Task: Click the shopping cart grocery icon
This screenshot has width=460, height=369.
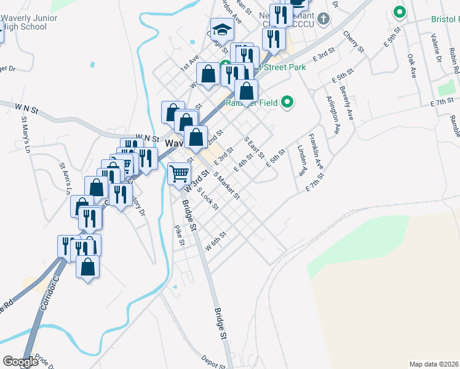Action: tap(179, 173)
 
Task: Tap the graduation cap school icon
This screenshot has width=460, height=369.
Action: tap(221, 30)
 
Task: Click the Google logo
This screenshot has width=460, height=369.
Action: tap(20, 362)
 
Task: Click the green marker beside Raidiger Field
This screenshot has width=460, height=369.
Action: tap(287, 103)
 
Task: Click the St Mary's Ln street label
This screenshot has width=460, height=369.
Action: tap(26, 132)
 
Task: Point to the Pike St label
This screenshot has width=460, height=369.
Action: tap(179, 235)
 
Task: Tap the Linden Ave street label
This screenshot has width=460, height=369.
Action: tap(301, 159)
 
